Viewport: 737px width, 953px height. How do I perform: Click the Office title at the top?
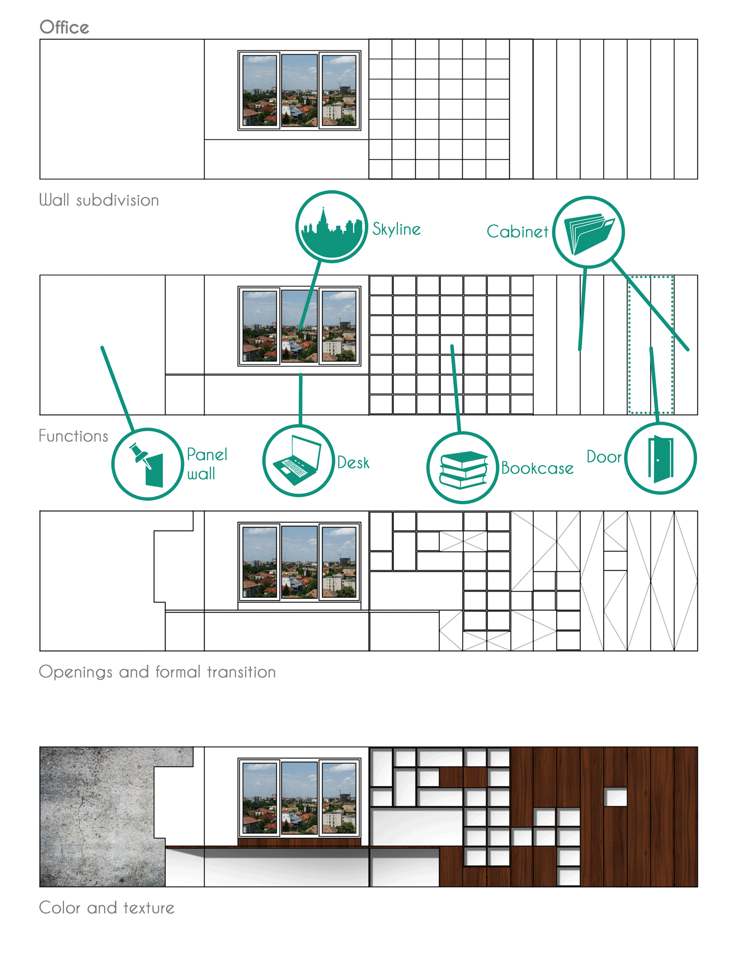[64, 27]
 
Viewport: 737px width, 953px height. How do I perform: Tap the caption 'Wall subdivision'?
[99, 200]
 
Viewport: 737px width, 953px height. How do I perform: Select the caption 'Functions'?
[73, 436]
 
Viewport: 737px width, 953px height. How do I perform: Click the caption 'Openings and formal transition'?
[157, 672]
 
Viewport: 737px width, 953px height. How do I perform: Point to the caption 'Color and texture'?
[107, 908]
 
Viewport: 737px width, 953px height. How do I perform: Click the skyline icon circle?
[331, 226]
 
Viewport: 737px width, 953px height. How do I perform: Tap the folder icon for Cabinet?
[589, 232]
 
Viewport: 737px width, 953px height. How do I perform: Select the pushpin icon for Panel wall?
[147, 464]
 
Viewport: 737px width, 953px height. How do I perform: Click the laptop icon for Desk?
[298, 461]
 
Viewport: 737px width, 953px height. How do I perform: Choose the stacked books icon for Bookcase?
[463, 468]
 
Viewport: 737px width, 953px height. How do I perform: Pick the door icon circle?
[661, 458]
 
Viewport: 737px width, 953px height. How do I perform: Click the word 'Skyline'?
[397, 229]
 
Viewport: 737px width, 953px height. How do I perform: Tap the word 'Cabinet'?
[517, 231]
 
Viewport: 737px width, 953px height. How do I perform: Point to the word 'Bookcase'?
[537, 468]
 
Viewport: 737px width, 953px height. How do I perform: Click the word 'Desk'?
[353, 463]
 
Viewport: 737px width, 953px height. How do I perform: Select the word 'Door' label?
[604, 457]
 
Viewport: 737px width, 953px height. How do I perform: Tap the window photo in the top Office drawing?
[299, 90]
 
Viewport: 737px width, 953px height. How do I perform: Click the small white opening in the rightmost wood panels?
[615, 797]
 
